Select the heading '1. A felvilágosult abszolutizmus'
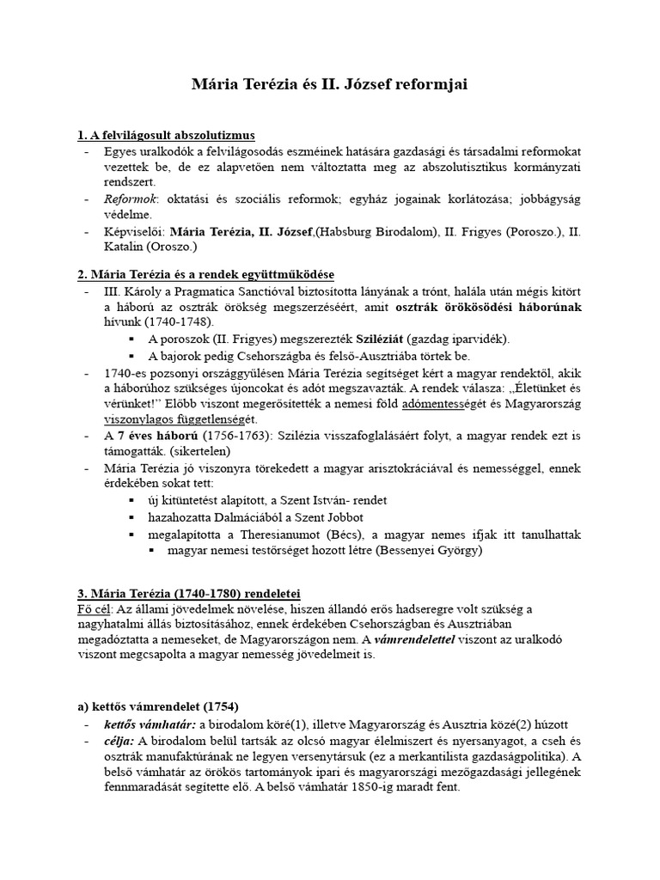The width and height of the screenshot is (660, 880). coord(166,136)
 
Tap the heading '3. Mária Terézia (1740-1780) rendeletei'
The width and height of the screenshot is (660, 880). coord(189,594)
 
